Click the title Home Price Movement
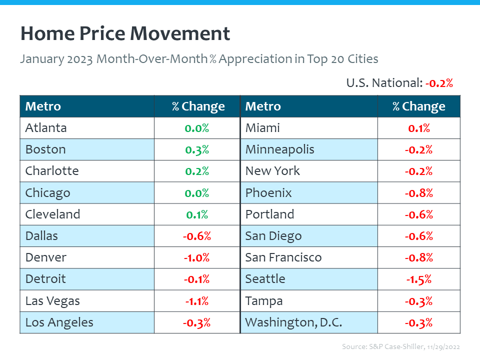click(125, 34)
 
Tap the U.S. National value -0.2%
click(439, 83)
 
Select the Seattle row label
click(265, 279)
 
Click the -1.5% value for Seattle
click(418, 279)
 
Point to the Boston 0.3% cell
click(196, 149)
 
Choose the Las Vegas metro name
click(52, 301)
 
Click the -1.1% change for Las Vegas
click(196, 301)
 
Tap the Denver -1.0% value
click(196, 257)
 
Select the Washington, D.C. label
click(293, 322)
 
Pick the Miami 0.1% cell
click(418, 128)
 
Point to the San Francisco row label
click(283, 257)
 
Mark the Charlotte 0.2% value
click(196, 171)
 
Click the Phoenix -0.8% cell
click(418, 193)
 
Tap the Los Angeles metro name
click(59, 322)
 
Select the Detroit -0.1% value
click(196, 279)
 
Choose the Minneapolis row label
click(279, 149)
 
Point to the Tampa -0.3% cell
click(418, 301)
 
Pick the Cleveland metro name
click(52, 214)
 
